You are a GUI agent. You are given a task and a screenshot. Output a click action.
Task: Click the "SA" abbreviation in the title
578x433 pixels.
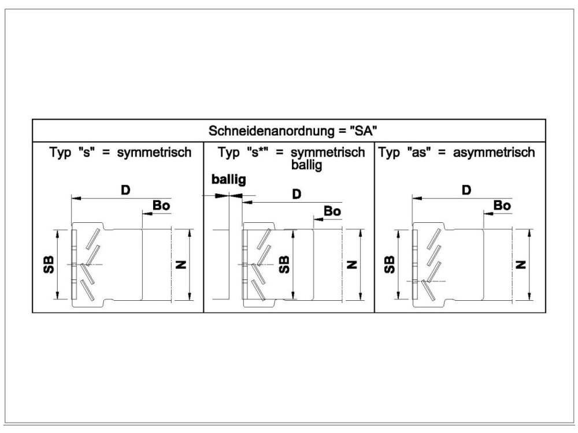pyautogui.click(x=364, y=130)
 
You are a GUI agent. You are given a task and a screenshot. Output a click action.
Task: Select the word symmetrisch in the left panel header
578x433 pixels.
pyautogui.click(x=154, y=152)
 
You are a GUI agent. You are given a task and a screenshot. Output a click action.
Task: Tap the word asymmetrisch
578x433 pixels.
pyautogui.click(x=494, y=152)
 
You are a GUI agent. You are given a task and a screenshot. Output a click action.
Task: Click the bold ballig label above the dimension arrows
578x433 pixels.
pyautogui.click(x=228, y=180)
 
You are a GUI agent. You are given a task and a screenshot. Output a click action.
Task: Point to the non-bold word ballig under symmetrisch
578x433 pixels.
pyautogui.click(x=307, y=165)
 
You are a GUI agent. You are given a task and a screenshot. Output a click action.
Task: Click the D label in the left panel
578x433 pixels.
pyautogui.click(x=125, y=191)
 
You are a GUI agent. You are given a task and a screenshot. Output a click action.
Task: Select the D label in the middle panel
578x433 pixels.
pyautogui.click(x=297, y=194)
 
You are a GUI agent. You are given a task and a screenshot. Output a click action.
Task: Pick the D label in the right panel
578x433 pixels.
pyautogui.click(x=466, y=191)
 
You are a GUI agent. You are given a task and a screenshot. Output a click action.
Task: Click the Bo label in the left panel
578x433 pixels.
pyautogui.click(x=161, y=205)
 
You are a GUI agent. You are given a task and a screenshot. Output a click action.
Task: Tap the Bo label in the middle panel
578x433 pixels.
pyautogui.click(x=332, y=211)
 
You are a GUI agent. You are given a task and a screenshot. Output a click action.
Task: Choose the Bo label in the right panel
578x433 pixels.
pyautogui.click(x=502, y=205)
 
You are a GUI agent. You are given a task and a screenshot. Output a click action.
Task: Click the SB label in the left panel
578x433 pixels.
pyautogui.click(x=49, y=264)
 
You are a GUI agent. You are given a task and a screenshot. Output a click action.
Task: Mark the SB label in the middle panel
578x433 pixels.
pyautogui.click(x=284, y=264)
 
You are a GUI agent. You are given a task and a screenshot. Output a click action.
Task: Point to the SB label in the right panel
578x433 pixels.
pyautogui.click(x=389, y=264)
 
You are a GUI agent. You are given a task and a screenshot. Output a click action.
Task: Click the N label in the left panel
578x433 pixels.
pyautogui.click(x=181, y=264)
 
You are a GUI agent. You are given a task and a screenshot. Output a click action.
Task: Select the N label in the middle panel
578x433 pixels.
pyautogui.click(x=352, y=264)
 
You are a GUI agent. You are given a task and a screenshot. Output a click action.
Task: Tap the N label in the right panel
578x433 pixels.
pyautogui.click(x=521, y=264)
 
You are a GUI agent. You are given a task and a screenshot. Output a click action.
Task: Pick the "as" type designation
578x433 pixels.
pyautogui.click(x=418, y=152)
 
